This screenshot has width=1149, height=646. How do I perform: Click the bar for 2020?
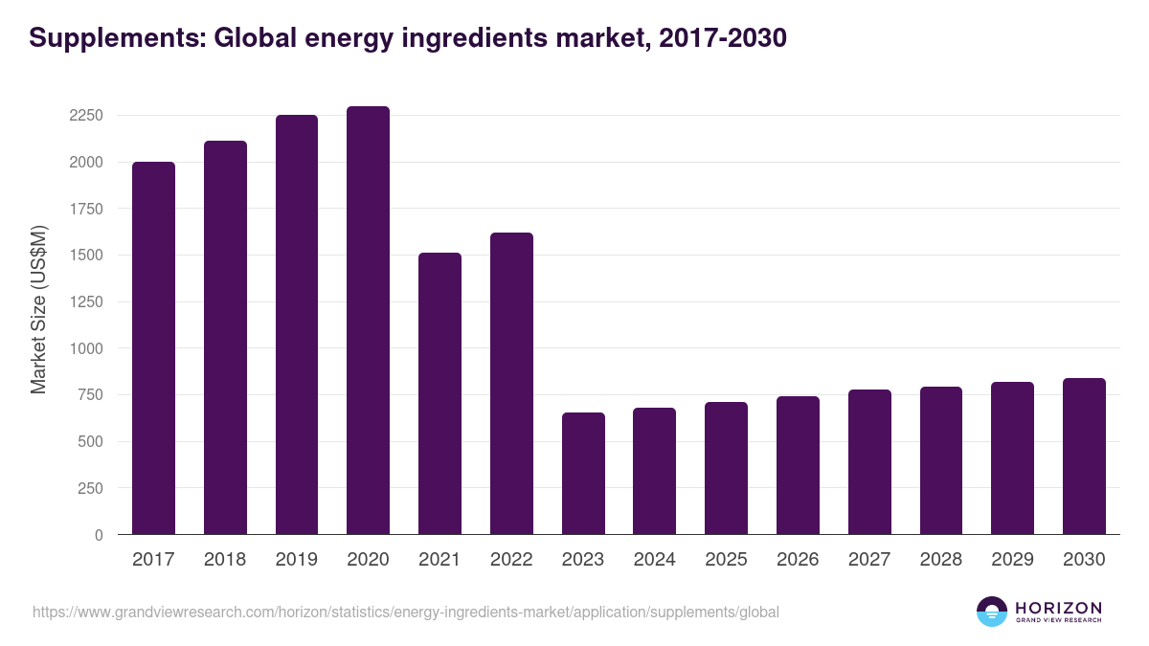(x=368, y=321)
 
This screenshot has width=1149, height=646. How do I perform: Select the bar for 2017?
(x=153, y=348)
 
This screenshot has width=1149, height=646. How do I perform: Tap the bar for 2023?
(x=583, y=474)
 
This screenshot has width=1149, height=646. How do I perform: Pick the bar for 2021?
(x=439, y=393)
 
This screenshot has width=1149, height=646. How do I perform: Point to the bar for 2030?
(x=1084, y=457)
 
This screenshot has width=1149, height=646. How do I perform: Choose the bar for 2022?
(x=511, y=384)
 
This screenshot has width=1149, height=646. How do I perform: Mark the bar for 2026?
(x=798, y=465)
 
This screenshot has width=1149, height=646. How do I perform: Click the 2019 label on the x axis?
(x=296, y=560)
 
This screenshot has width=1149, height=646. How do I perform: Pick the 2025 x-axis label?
(x=726, y=560)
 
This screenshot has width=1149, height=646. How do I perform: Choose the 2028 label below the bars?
(x=940, y=560)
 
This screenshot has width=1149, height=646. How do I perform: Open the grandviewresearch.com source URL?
(x=406, y=612)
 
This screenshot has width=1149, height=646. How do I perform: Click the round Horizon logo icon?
(x=992, y=612)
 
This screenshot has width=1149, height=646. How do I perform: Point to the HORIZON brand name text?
(x=1058, y=607)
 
